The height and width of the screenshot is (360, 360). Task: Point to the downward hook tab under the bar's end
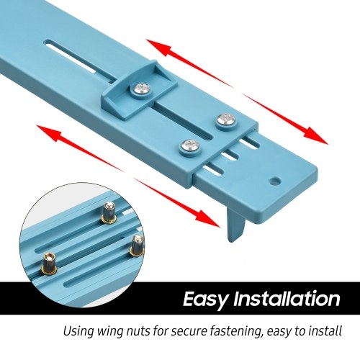pyautogui.click(x=236, y=226)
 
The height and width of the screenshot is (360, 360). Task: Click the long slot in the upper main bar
pyautogui.click(x=76, y=57)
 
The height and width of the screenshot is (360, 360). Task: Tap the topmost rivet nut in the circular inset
pyautogui.click(x=110, y=212)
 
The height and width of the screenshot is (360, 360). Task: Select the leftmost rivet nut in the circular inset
pyautogui.click(x=49, y=264)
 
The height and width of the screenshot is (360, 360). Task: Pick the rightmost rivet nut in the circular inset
pyautogui.click(x=138, y=246)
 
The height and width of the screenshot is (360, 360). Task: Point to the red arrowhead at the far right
pyautogui.click(x=315, y=137)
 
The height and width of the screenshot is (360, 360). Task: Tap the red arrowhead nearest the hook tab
pyautogui.click(x=207, y=217)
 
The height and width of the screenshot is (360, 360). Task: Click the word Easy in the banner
pyautogui.click(x=206, y=299)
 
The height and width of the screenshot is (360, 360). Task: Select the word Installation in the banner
pyautogui.click(x=287, y=299)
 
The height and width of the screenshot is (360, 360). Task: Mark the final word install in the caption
pyautogui.click(x=325, y=331)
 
